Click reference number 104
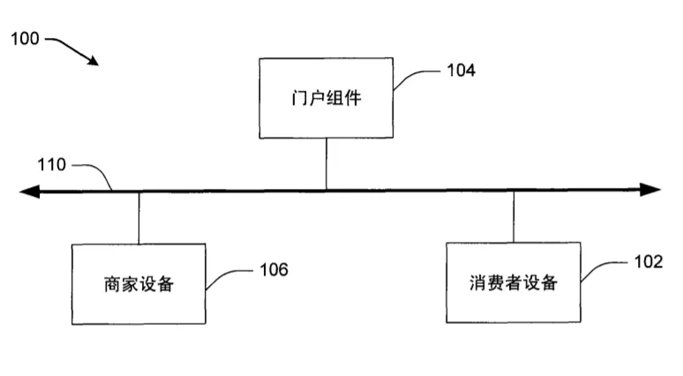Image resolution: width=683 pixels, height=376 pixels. tap(459, 71)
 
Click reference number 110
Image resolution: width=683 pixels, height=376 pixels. tap(51, 164)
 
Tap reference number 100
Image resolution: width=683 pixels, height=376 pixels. tap(25, 40)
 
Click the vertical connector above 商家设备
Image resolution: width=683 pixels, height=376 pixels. tap(139, 217)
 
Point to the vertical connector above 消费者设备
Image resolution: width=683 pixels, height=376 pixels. tap(514, 217)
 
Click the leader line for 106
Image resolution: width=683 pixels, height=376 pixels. tap(228, 275)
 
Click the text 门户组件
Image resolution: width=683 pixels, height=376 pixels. tap(326, 100)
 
